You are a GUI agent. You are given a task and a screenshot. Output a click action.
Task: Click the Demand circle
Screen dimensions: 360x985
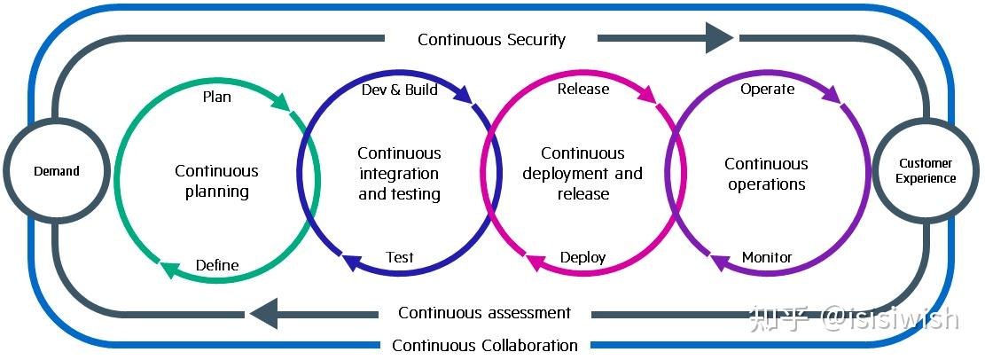click(x=57, y=171)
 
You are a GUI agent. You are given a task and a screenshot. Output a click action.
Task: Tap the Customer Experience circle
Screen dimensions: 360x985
click(x=925, y=170)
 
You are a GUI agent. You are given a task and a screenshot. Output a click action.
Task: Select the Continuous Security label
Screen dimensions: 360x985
click(x=491, y=39)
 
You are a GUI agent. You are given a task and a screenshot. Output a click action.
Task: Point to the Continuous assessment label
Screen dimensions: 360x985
click(x=484, y=312)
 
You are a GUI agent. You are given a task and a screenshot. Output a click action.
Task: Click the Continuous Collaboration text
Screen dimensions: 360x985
click(x=484, y=345)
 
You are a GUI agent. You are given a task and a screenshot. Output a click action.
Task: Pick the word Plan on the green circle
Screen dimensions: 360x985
click(x=216, y=96)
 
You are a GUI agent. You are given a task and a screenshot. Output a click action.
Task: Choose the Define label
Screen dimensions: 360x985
click(x=216, y=265)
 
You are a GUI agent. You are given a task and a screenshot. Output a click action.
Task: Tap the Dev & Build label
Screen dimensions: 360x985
click(x=399, y=90)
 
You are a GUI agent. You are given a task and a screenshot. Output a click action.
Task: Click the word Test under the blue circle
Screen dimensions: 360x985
click(x=399, y=257)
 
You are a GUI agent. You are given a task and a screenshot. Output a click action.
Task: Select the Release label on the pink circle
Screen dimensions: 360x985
click(x=582, y=89)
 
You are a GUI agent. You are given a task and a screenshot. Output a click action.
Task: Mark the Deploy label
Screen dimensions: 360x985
click(x=582, y=257)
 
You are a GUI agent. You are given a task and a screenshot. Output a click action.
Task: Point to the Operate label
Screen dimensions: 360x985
click(x=767, y=89)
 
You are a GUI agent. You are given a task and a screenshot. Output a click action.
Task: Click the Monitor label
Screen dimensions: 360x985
click(x=767, y=257)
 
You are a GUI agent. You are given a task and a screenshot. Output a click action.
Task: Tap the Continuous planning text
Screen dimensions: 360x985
click(x=216, y=181)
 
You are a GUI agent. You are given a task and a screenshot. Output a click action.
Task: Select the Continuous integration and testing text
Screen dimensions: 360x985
click(x=399, y=173)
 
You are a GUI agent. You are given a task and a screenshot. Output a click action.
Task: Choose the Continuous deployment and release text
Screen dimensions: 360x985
click(x=582, y=173)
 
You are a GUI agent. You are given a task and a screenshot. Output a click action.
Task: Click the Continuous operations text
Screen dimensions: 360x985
click(x=767, y=174)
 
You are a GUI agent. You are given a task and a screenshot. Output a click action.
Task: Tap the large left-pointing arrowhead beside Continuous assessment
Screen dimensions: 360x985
click(x=265, y=313)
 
